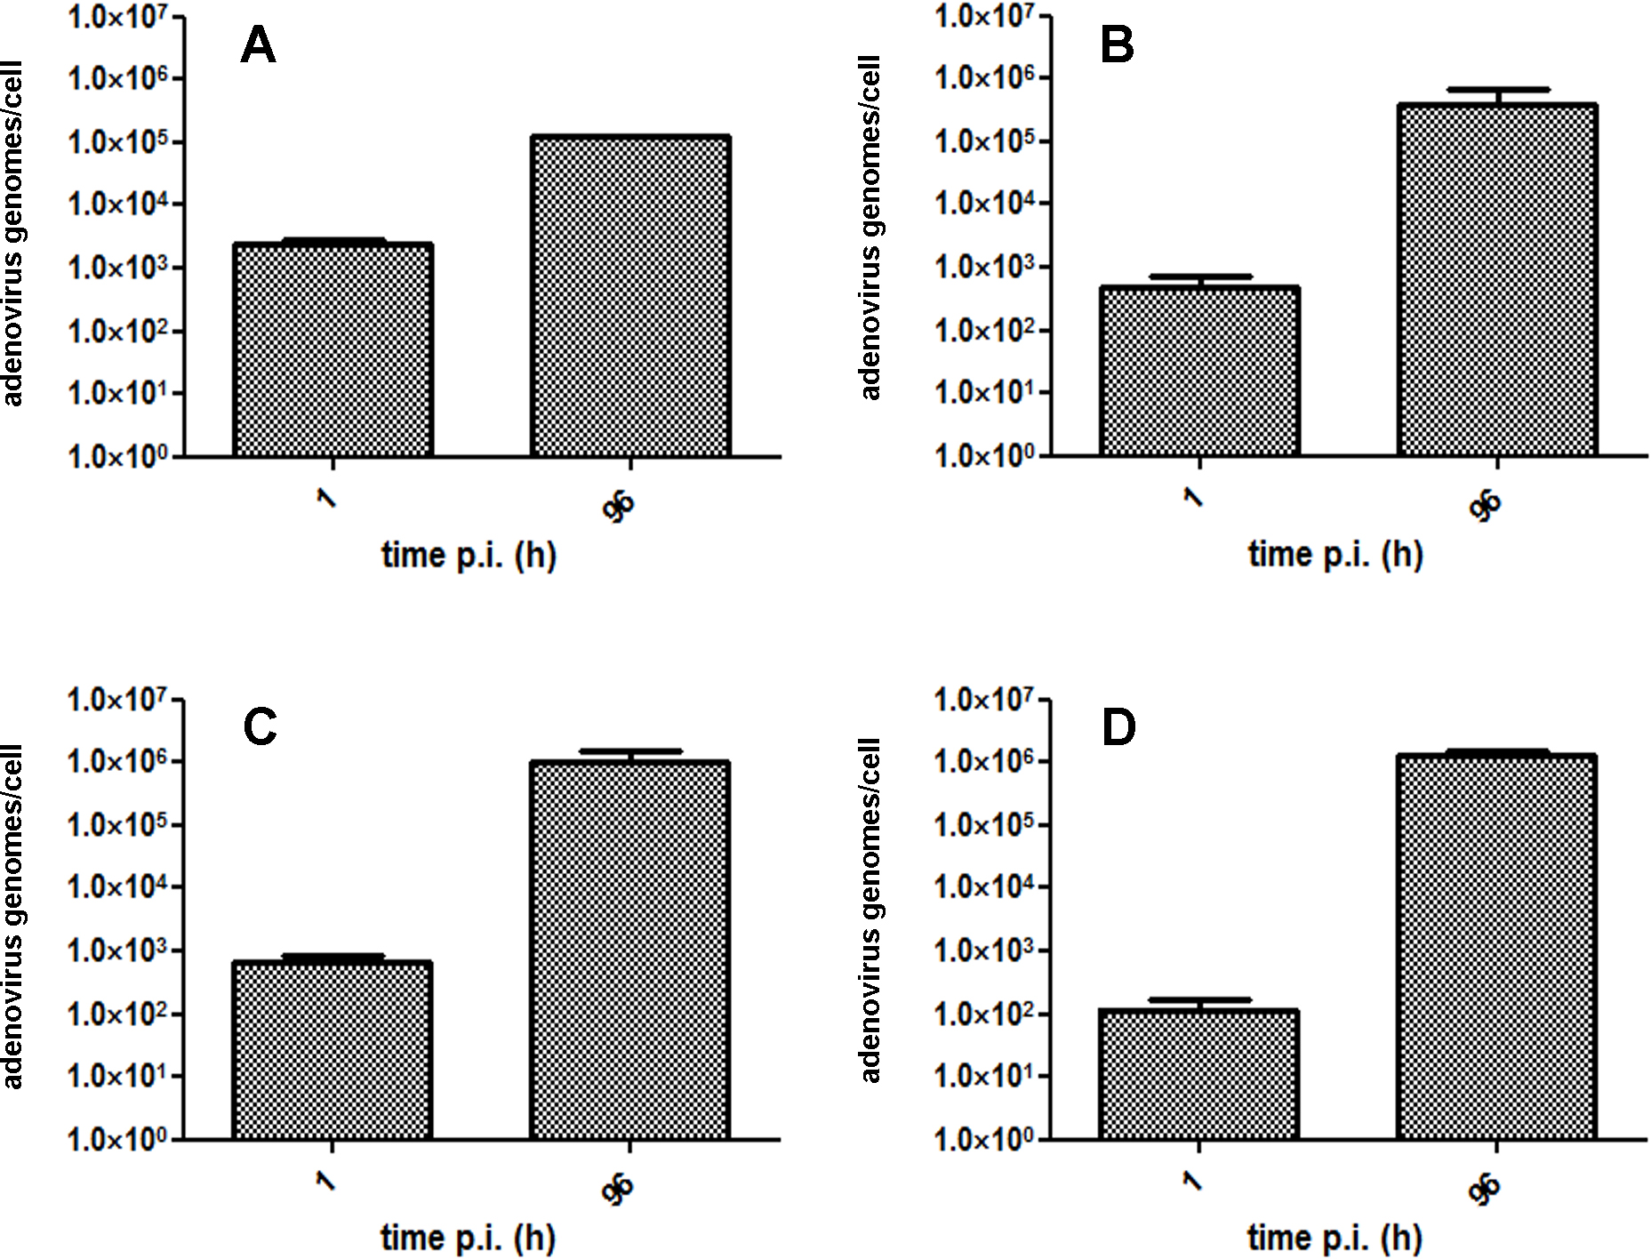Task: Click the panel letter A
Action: pos(258,45)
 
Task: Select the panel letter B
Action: pos(1117,45)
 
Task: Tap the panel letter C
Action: pos(260,727)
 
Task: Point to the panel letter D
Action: pos(1118,727)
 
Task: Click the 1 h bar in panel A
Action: pos(333,350)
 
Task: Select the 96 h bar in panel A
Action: pos(630,297)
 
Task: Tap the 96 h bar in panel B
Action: pos(1497,280)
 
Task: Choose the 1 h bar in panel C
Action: pos(333,1051)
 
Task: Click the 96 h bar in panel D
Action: pos(1497,948)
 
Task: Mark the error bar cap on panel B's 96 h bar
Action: pos(1497,89)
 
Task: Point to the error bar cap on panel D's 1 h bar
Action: pos(1199,999)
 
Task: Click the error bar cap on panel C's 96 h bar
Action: pos(630,751)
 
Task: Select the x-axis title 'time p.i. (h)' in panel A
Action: pos(469,556)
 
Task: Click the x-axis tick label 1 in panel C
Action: pos(326,1182)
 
